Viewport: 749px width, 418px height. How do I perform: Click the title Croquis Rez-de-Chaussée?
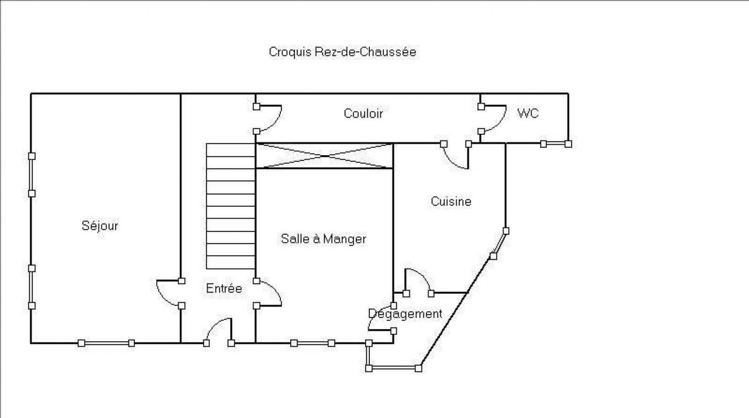tap(343, 52)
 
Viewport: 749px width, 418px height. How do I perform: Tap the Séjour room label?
tap(100, 226)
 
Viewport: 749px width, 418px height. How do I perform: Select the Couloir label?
tap(363, 113)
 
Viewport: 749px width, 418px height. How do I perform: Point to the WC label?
tap(528, 113)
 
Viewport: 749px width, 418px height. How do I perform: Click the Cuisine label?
tap(451, 202)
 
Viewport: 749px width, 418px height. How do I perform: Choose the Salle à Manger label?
tap(323, 239)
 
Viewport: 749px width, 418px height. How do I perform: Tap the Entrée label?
tap(224, 288)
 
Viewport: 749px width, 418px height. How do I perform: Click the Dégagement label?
tap(405, 313)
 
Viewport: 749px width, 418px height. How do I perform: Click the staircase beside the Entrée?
tap(231, 206)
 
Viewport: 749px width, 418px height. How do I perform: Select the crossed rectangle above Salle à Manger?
tap(324, 156)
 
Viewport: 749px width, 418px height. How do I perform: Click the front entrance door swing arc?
tap(219, 330)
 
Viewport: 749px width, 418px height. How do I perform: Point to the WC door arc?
tap(494, 119)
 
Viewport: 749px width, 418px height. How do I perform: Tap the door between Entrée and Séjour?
tap(169, 293)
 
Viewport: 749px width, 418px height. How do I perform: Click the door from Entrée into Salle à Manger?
tap(269, 293)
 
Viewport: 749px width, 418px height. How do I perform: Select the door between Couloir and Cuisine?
tap(456, 156)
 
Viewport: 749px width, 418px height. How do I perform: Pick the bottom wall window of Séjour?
tap(106, 343)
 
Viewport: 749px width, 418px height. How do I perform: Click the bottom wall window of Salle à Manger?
tap(313, 343)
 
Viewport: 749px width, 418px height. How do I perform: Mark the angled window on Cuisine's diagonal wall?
tap(500, 243)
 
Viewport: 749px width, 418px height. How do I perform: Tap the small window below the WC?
tap(555, 144)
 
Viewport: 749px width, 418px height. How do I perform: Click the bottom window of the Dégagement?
tap(393, 368)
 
